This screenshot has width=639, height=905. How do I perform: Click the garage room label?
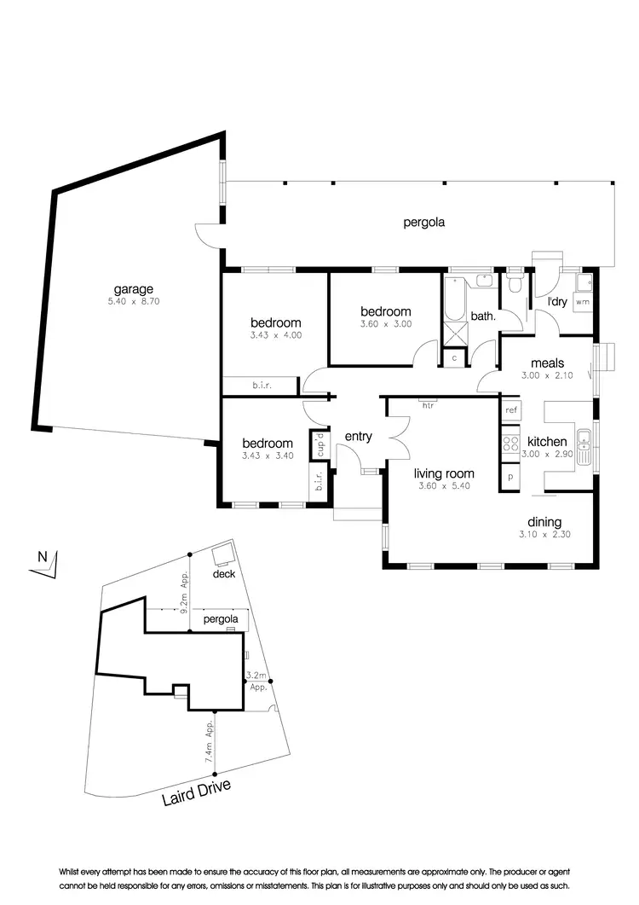point(134,289)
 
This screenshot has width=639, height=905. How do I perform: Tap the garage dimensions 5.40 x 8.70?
point(134,301)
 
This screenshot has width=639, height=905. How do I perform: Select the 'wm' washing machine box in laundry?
point(583,302)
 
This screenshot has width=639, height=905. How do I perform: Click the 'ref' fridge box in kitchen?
point(511,410)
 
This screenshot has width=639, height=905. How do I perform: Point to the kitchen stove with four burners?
point(511,444)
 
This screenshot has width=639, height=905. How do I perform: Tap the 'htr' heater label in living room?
point(428,405)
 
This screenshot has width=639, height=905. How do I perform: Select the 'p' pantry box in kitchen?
point(511,477)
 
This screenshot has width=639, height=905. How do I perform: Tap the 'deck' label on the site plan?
point(223,574)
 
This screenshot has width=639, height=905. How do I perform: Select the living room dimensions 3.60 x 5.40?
point(444,486)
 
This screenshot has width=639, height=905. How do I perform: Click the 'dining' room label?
point(544,522)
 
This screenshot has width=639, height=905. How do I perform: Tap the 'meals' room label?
point(548,363)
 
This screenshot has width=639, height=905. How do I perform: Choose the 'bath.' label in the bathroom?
point(483,316)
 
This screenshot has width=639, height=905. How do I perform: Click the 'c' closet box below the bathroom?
point(454,358)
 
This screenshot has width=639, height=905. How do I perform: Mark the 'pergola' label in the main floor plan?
point(424,223)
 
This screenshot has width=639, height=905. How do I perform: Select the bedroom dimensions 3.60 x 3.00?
point(385,324)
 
